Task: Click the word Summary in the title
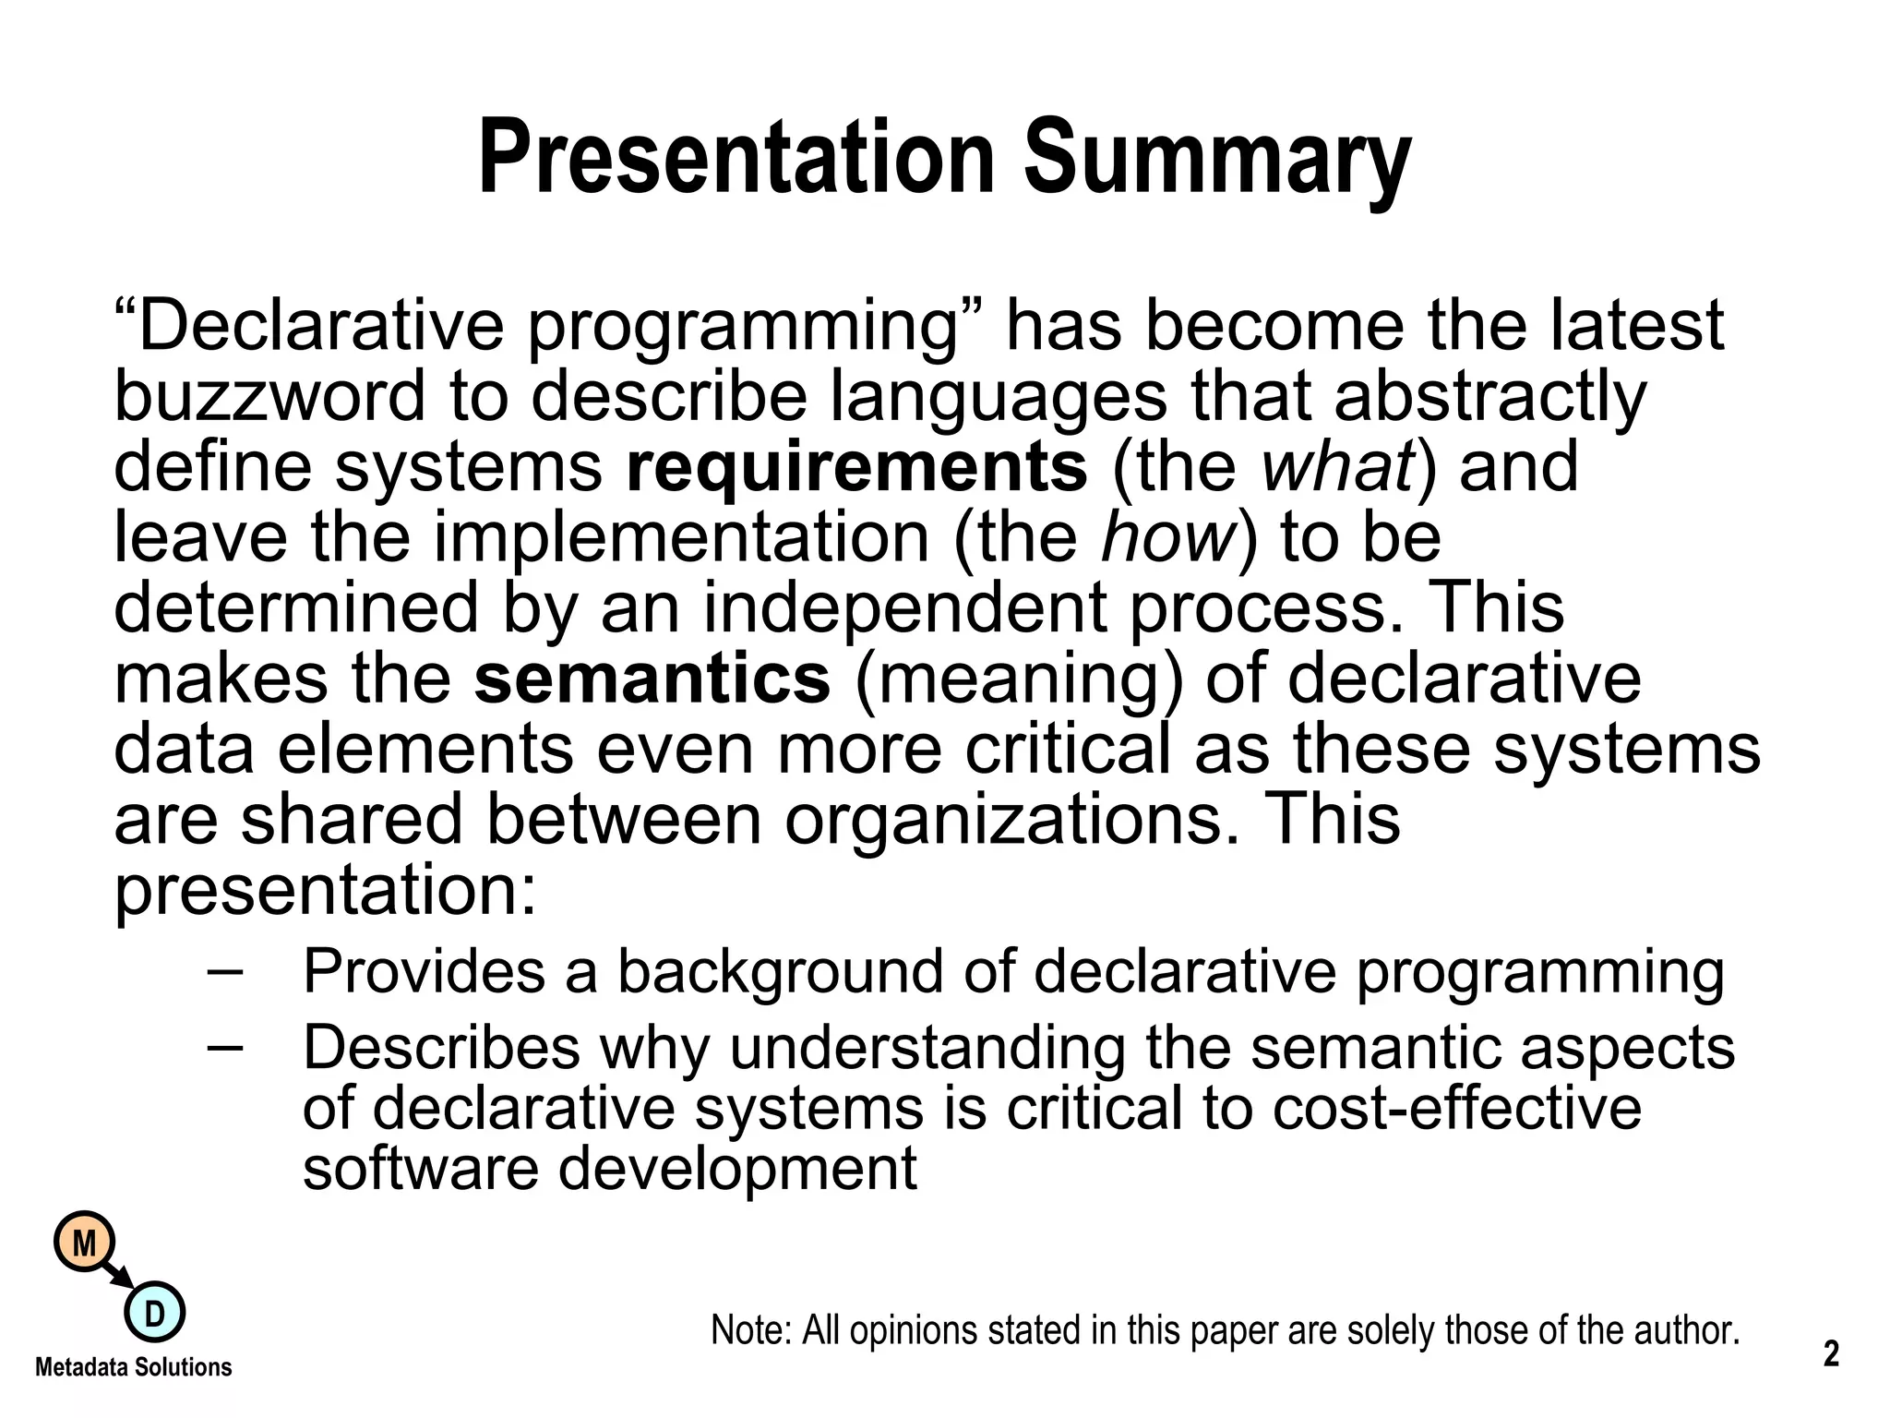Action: coord(1217,159)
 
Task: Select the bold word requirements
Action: coord(856,467)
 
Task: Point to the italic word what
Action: coord(1337,467)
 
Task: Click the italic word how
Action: coord(1168,537)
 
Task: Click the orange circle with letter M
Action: coord(84,1244)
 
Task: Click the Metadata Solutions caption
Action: coord(133,1367)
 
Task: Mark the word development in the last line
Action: coord(737,1169)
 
